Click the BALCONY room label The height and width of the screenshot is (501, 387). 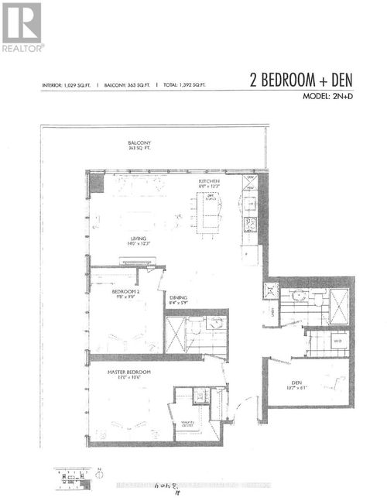point(139,143)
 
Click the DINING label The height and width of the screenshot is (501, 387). point(178,296)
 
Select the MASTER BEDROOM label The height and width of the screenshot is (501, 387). point(128,372)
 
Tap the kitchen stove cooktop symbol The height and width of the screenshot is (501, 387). point(251,225)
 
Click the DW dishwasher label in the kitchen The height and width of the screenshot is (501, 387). point(249,177)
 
